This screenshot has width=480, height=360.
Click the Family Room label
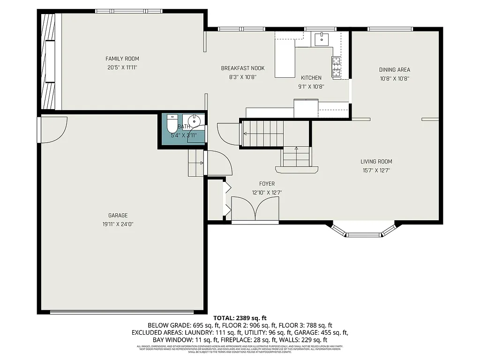(122, 59)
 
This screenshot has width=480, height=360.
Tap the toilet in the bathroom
(172, 124)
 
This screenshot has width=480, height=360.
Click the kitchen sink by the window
(322, 39)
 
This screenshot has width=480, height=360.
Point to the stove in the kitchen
(336, 66)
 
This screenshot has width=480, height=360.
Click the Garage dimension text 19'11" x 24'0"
(115, 224)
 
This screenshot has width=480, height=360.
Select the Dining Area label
(394, 70)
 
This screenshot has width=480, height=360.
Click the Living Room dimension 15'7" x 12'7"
(376, 171)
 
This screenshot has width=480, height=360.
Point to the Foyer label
(267, 184)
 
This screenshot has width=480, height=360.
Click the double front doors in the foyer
(255, 209)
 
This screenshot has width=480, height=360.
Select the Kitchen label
(311, 78)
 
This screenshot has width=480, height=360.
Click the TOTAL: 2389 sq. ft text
(240, 318)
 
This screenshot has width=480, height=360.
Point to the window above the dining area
(390, 29)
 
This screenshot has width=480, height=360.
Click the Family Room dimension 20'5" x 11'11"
(122, 67)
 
